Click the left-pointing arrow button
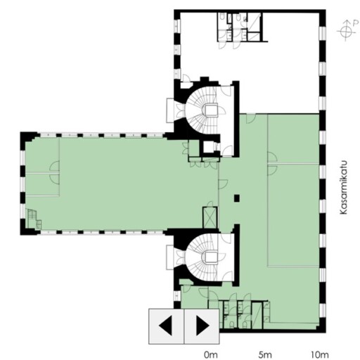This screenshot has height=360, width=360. [166, 326]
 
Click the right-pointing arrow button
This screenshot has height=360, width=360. [202, 326]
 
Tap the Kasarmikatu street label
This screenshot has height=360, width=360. [343, 187]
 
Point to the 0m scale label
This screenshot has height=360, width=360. [211, 354]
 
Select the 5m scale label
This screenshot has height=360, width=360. [265, 354]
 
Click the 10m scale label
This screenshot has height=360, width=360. [320, 354]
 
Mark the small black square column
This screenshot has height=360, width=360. [237, 198]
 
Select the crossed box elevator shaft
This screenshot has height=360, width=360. [210, 217]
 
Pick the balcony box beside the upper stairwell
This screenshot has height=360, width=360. [170, 110]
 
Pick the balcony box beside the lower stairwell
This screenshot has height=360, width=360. [170, 257]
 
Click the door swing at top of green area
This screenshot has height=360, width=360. [250, 118]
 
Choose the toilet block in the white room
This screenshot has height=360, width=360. [240, 27]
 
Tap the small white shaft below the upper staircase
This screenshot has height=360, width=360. [207, 147]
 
